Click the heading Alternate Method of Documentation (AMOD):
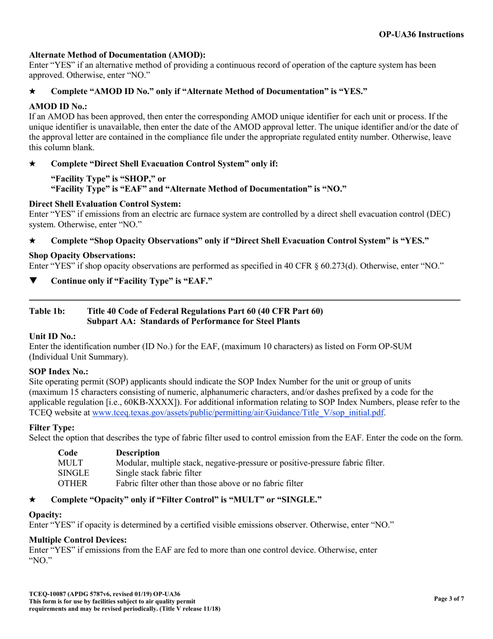pyautogui.click(x=117, y=55)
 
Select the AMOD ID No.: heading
pyautogui.click(x=58, y=106)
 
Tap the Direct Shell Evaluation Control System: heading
pyautogui.click(x=105, y=204)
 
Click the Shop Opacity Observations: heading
pyautogui.click(x=83, y=256)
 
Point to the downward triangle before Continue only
pyautogui.click(x=33, y=281)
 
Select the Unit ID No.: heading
pyautogui.click(x=52, y=337)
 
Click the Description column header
pyautogui.click(x=138, y=452)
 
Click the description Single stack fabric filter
pyautogui.click(x=158, y=473)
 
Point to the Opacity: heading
pyautogui.click(x=46, y=514)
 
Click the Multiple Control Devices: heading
pyautogui.click(x=78, y=540)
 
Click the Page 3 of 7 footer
pyautogui.click(x=449, y=599)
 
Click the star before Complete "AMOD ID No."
pyautogui.click(x=32, y=91)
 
